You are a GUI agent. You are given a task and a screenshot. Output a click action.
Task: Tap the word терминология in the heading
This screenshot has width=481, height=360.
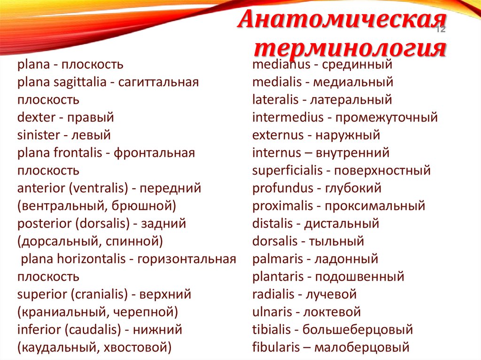coord(350,48)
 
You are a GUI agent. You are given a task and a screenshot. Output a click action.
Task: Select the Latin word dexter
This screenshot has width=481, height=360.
coord(35,117)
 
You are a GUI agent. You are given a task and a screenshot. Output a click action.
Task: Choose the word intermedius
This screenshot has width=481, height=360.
coord(287,117)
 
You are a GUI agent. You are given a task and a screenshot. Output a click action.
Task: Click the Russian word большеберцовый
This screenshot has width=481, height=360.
coord(358,329)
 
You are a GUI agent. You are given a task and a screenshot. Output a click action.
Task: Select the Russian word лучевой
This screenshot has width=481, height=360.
coord(331,294)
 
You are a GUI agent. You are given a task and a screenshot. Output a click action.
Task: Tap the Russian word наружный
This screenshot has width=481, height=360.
coord(348,135)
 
